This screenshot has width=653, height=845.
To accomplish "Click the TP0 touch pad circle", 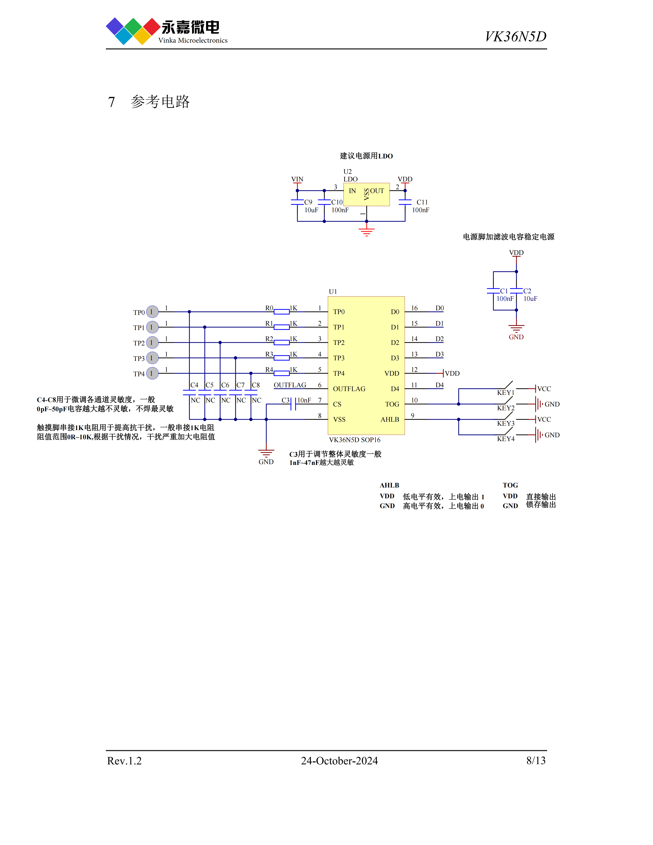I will [x=152, y=311].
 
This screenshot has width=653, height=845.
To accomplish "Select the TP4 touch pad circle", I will [x=152, y=373].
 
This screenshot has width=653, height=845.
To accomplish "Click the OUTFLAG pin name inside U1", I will [x=349, y=389].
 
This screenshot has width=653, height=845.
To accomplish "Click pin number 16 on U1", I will [x=414, y=308].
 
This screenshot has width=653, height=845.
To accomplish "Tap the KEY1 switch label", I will [x=506, y=393].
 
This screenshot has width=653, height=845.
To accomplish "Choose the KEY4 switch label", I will [x=506, y=439].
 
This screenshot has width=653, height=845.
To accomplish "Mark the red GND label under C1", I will [x=516, y=337].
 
